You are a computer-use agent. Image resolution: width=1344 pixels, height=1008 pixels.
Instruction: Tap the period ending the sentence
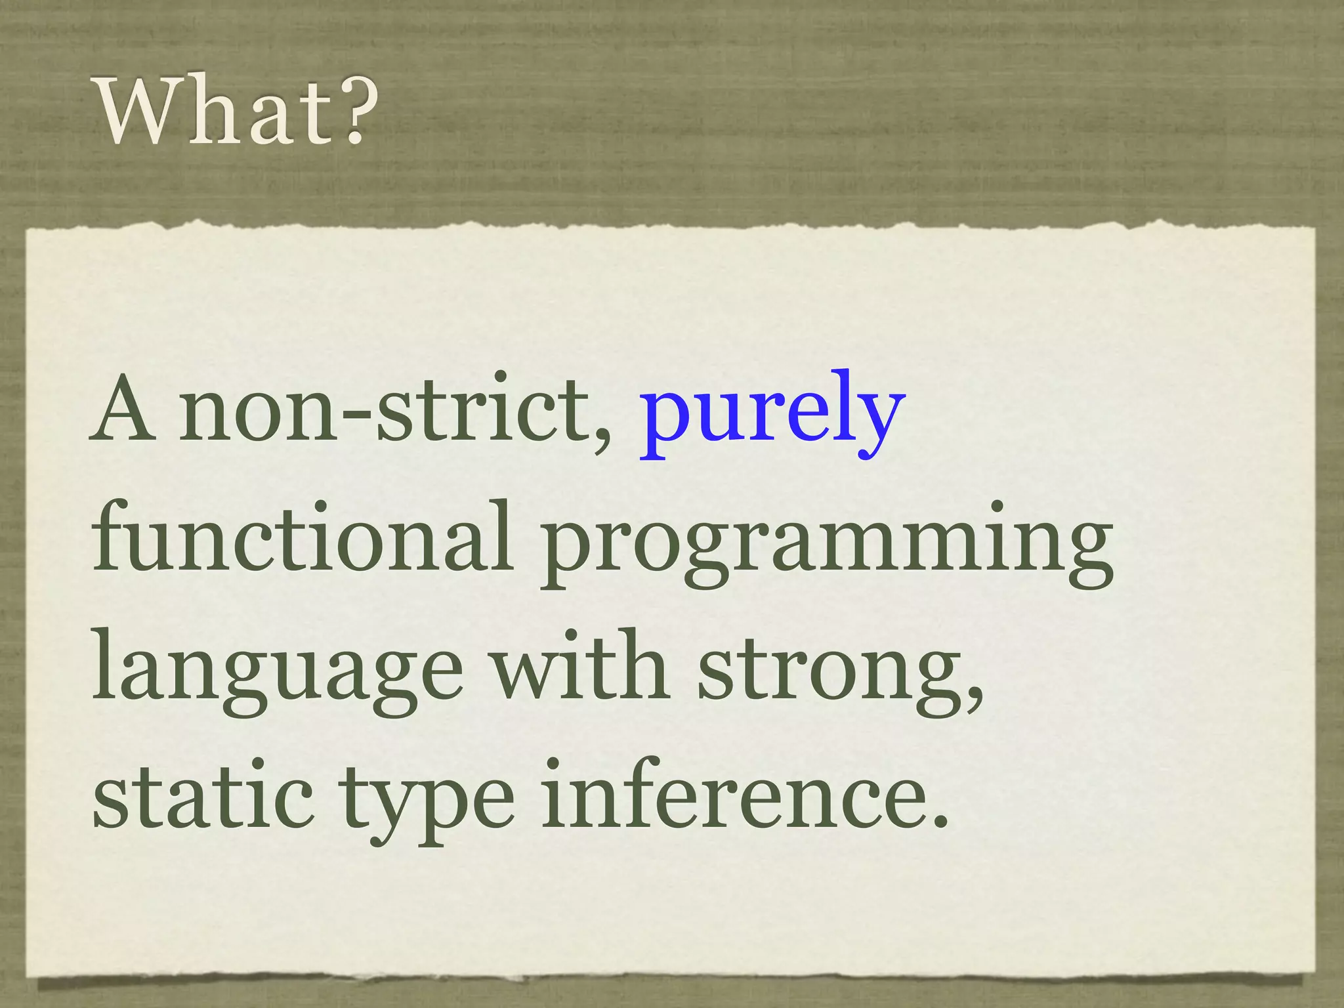940,823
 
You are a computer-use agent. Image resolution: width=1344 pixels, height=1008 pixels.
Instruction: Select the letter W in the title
137,112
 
